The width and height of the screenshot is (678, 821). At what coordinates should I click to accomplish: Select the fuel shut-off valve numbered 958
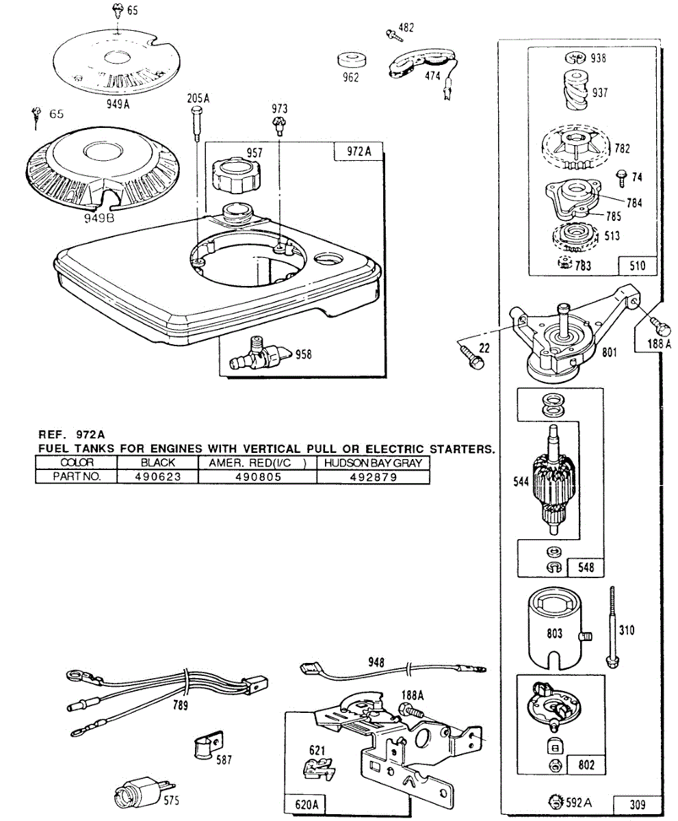(259, 353)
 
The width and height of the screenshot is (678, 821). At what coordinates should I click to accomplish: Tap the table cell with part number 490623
(158, 477)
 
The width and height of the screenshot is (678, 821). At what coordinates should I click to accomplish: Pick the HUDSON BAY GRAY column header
(373, 462)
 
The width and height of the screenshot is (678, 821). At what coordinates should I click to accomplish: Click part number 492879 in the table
(374, 477)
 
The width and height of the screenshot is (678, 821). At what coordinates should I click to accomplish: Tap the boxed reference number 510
(637, 266)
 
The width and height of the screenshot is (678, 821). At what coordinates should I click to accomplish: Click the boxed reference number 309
(637, 805)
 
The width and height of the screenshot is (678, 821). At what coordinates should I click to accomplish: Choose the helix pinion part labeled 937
(576, 90)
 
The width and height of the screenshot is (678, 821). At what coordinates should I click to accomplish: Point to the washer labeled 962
(353, 61)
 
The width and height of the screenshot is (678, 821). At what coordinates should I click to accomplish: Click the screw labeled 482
(395, 36)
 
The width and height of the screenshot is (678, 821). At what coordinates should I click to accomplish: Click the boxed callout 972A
(358, 151)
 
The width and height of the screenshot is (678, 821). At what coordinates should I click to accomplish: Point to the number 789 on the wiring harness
(180, 705)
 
